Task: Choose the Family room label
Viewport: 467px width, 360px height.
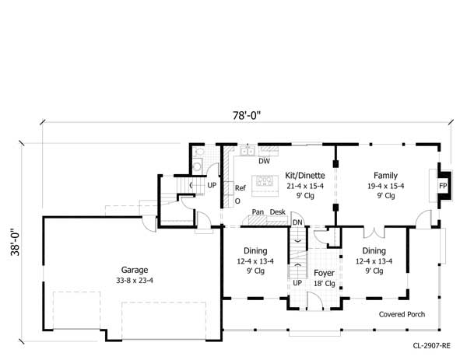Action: [x=385, y=176]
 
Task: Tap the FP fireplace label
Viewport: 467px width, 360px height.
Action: [x=443, y=187]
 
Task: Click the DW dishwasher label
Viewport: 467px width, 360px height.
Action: [x=264, y=162]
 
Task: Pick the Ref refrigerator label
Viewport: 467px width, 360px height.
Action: [x=241, y=187]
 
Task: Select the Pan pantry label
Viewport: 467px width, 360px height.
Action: [x=258, y=212]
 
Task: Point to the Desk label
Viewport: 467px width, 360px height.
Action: [x=278, y=212]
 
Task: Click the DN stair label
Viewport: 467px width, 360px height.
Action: [x=297, y=223]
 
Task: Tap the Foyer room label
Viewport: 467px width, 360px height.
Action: [x=324, y=274]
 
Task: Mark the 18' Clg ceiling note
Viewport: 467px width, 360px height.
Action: [x=324, y=285]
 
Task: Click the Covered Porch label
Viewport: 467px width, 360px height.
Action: [x=402, y=315]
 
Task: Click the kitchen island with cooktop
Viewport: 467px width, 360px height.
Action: [x=265, y=183]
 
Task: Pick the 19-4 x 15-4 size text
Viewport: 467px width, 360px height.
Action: [x=385, y=187]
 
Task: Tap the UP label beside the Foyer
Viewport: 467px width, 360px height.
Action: [x=297, y=283]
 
